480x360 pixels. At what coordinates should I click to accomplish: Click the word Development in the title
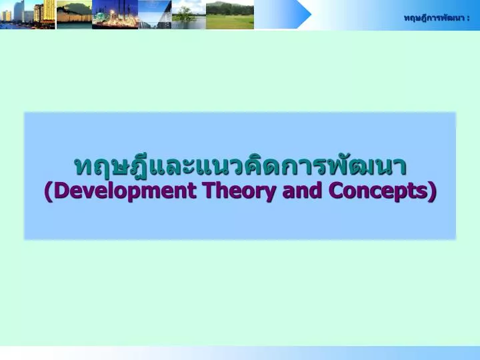pos(125,191)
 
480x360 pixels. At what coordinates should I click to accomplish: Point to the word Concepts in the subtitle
pos(378,191)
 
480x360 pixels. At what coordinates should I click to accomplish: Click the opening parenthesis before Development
pos(49,191)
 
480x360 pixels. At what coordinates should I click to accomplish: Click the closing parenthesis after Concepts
pos(432,191)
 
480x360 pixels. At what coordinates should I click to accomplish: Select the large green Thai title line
pos(240,166)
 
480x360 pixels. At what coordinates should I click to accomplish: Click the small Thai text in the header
pos(434,18)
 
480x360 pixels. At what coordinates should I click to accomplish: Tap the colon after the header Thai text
pos(468,19)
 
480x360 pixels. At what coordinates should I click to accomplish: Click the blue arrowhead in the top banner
pos(303,15)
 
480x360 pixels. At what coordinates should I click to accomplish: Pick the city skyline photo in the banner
pos(27,15)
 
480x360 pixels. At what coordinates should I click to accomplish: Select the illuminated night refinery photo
pos(115,15)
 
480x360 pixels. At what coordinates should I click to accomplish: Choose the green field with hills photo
pos(230,15)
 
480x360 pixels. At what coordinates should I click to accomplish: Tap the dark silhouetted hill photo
pos(75,15)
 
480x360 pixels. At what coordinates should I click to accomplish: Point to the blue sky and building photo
pos(155,15)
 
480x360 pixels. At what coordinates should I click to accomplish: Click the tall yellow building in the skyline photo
pos(49,11)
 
